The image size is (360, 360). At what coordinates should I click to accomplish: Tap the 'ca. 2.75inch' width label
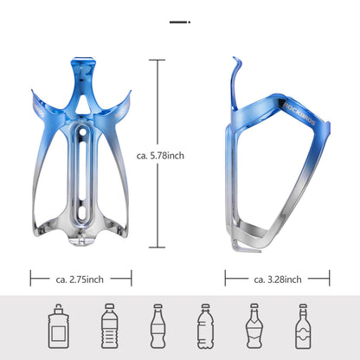[80, 279]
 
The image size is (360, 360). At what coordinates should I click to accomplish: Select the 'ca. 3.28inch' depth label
[278, 279]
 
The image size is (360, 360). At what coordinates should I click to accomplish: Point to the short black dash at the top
[179, 19]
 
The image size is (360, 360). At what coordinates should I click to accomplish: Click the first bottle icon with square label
[58, 325]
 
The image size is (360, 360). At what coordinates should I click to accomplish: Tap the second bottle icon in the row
[109, 325]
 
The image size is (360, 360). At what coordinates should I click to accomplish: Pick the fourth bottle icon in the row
[205, 325]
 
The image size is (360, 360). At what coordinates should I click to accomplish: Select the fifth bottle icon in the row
[254, 325]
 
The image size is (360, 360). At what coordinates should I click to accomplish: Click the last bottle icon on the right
[303, 325]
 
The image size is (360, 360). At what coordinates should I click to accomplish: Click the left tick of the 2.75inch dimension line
[31, 279]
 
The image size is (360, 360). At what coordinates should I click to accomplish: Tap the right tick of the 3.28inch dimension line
[330, 279]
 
